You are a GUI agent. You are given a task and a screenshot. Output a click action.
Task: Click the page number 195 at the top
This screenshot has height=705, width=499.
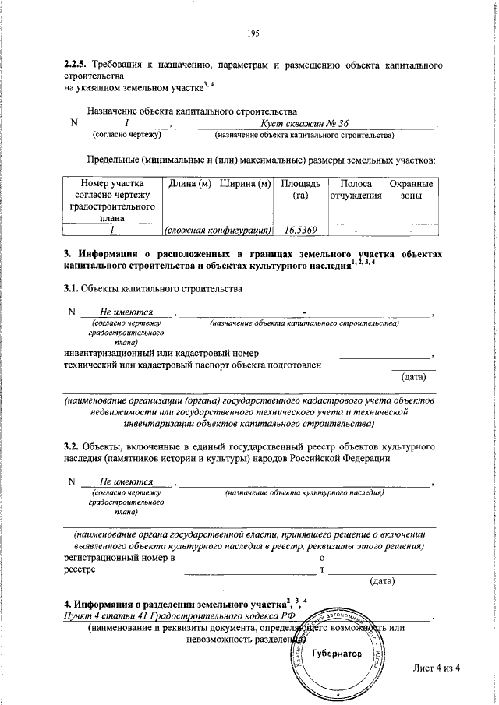(x=252, y=33)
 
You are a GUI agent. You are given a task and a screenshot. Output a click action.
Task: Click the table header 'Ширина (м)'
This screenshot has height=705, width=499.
(x=245, y=184)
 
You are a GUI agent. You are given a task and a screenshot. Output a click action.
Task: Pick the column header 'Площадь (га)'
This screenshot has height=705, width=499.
(x=297, y=189)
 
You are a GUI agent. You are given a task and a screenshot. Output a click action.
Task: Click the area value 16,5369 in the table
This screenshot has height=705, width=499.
(x=297, y=231)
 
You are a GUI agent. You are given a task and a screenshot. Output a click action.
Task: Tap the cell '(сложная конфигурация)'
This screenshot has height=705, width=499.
(x=216, y=231)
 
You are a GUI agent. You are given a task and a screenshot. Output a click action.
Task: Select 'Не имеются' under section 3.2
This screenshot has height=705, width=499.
(x=126, y=482)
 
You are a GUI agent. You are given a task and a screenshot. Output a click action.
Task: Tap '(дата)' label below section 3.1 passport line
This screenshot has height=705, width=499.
(x=412, y=377)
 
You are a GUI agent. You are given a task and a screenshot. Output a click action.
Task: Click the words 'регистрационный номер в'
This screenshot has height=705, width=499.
(x=119, y=558)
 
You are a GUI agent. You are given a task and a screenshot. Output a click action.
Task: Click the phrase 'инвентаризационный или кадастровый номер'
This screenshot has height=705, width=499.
(x=161, y=353)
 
